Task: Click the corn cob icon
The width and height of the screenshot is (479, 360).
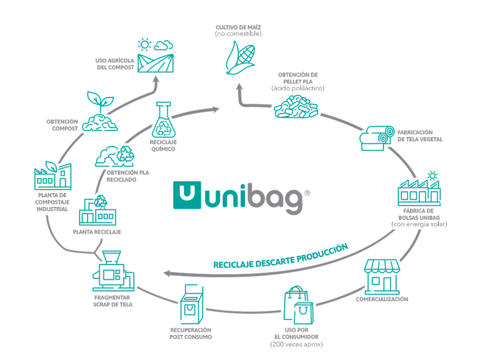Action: (x=239, y=56)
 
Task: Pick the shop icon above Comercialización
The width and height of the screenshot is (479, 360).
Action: (x=382, y=277)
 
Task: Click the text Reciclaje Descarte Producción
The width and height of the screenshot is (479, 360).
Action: (x=281, y=256)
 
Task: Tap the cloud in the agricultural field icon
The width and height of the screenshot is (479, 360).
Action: (x=163, y=44)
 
